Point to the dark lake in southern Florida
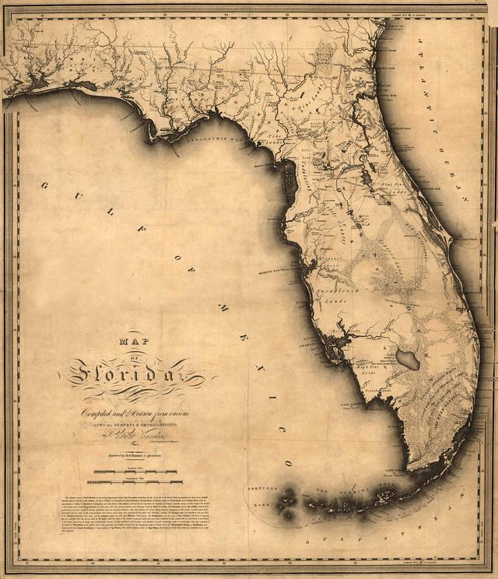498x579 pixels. tap(408, 359)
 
